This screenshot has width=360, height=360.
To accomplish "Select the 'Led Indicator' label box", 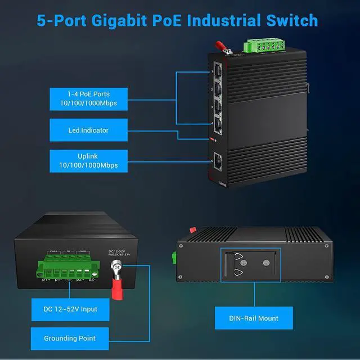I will tap(87, 130).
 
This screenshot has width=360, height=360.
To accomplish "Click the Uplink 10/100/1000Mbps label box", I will tap(87, 160).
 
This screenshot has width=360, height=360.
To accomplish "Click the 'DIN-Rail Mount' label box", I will tap(254, 318).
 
